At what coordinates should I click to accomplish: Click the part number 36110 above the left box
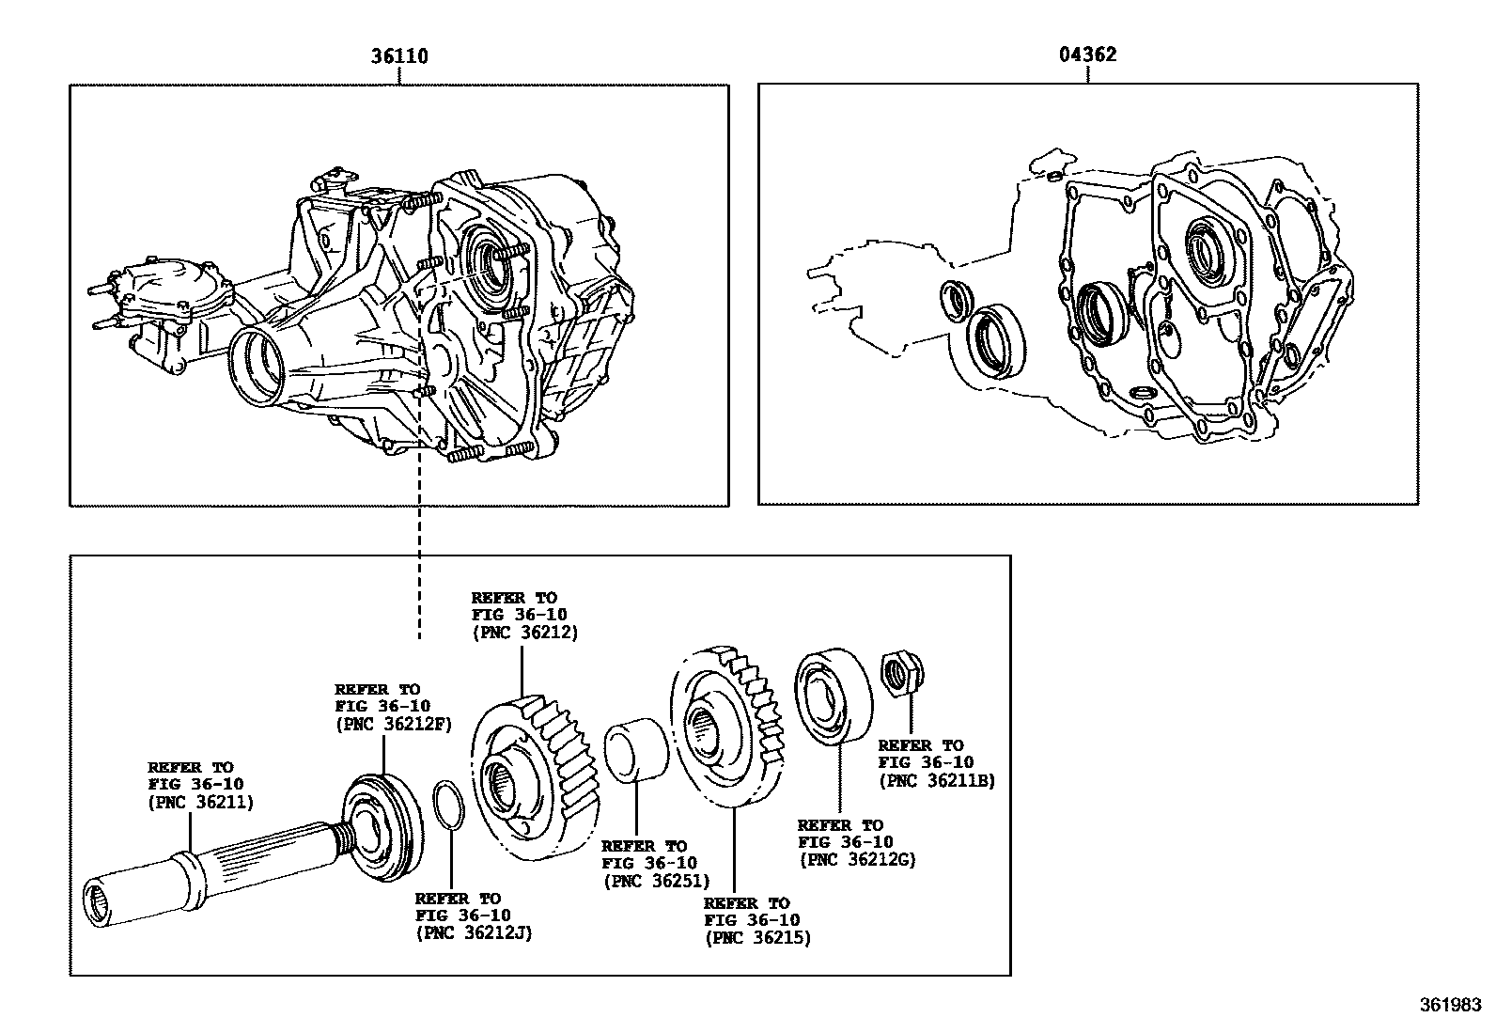point(399,56)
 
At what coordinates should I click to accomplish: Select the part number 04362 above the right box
point(1088,55)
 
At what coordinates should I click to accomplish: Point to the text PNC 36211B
point(936,779)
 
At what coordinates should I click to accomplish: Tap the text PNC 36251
point(655,881)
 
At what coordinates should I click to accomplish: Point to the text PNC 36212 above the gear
point(524,632)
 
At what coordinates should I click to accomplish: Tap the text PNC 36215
point(757,937)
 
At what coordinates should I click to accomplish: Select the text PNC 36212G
point(856,859)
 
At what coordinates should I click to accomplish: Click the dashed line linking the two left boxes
point(419,564)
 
